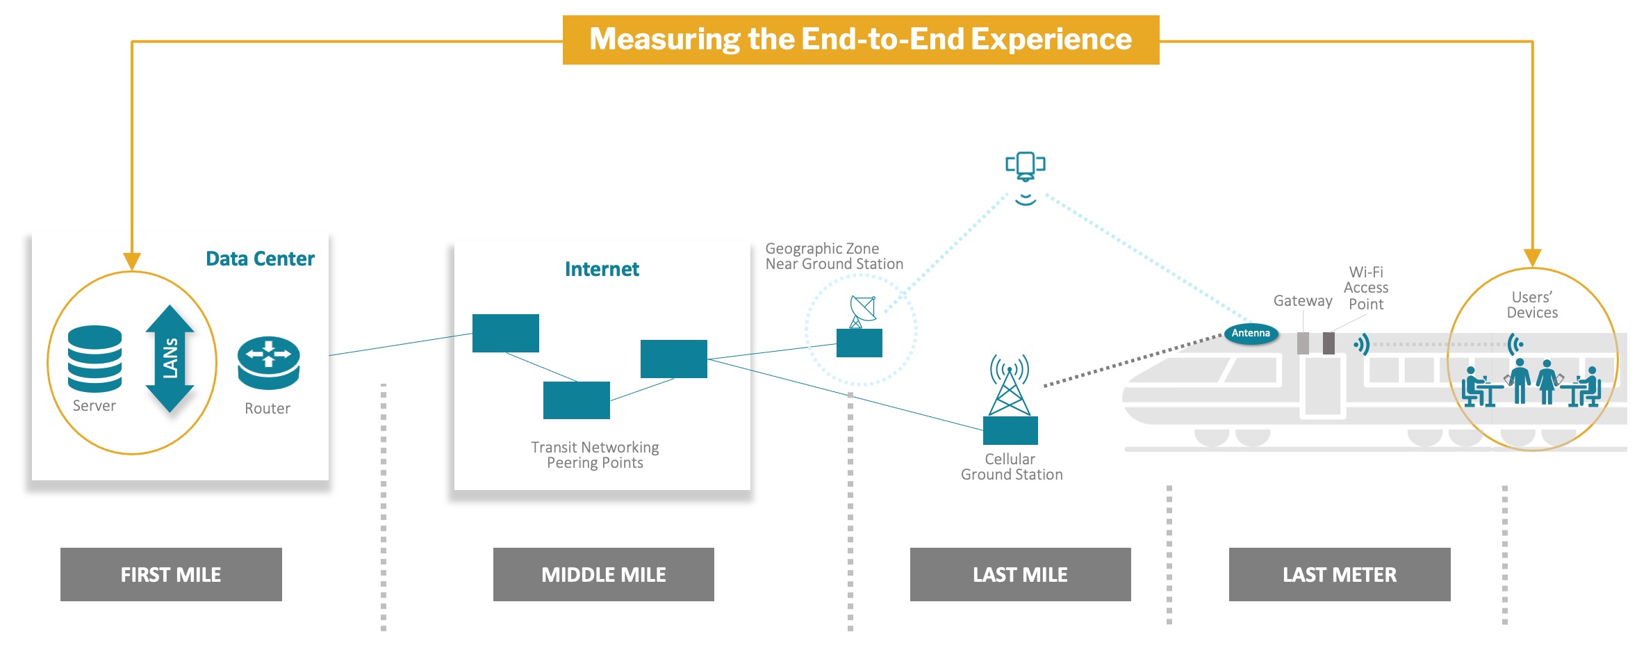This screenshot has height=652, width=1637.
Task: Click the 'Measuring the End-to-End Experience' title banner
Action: pyautogui.click(x=860, y=40)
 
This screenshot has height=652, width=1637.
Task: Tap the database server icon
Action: pyautogui.click(x=94, y=358)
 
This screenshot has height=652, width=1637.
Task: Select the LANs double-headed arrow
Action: pyautogui.click(x=170, y=359)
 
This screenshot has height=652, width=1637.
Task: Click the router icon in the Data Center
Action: pyautogui.click(x=268, y=362)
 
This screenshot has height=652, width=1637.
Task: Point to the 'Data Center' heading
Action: pyautogui.click(x=260, y=259)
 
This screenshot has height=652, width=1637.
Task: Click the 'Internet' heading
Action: pyautogui.click(x=602, y=269)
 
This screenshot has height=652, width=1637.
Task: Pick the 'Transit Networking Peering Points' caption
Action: pyautogui.click(x=595, y=455)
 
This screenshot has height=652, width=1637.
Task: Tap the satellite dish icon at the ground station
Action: pyautogui.click(x=862, y=311)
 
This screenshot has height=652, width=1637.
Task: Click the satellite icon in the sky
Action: pyautogui.click(x=1026, y=166)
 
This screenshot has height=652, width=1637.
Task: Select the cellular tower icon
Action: pyautogui.click(x=1010, y=385)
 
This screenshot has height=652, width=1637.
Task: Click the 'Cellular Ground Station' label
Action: pyautogui.click(x=1011, y=466)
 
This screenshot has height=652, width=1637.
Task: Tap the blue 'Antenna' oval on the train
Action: pyautogui.click(x=1251, y=333)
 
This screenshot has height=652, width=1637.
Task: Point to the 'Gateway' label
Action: pyautogui.click(x=1302, y=300)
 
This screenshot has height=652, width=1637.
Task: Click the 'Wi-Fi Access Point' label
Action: pyautogui.click(x=1365, y=288)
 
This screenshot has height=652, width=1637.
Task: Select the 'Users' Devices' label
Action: pyautogui.click(x=1532, y=304)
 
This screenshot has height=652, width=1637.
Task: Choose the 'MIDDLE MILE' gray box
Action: pyautogui.click(x=603, y=574)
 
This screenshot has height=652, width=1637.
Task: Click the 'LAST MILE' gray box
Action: pyautogui.click(x=1020, y=574)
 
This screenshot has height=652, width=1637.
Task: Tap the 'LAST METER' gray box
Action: pyautogui.click(x=1339, y=574)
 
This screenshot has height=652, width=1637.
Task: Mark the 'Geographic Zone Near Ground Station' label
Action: pyautogui.click(x=834, y=256)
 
